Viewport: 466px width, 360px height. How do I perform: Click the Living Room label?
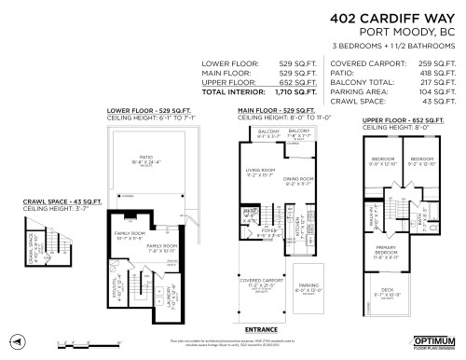(258, 170)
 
